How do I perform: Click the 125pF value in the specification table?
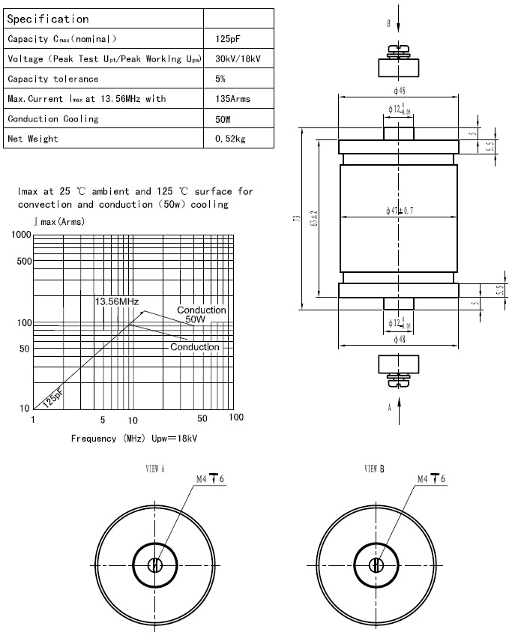point(226,38)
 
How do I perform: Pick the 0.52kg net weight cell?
point(230,139)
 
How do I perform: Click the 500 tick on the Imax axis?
point(22,262)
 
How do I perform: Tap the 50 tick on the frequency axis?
point(202,418)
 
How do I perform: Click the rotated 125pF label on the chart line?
point(53,397)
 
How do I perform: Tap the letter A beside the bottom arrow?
point(389,407)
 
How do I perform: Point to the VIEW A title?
point(155,469)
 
